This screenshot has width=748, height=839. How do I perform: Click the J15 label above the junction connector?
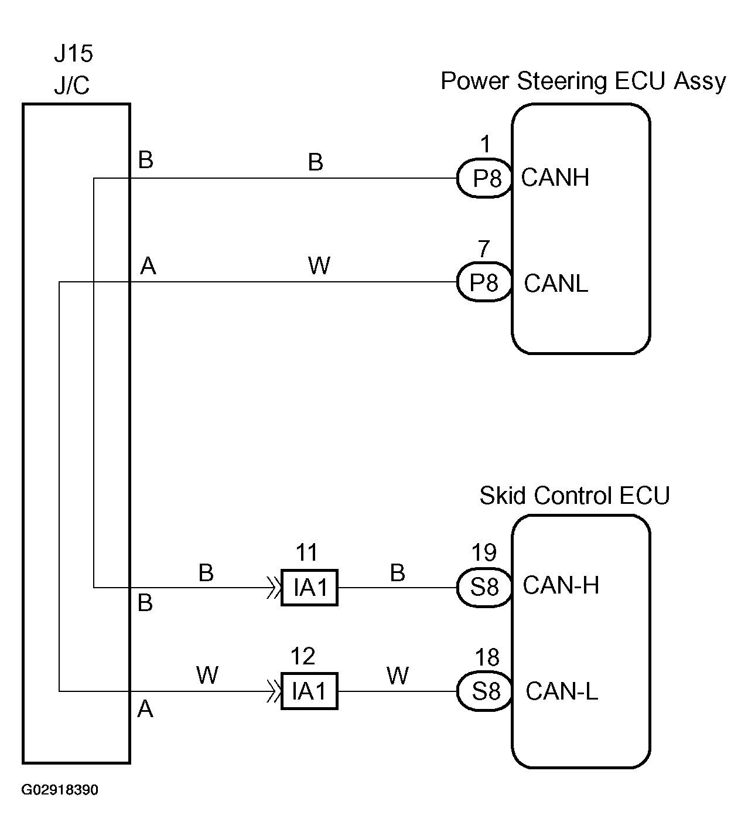tap(74, 53)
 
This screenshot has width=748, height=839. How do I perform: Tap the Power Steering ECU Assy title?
tap(583, 81)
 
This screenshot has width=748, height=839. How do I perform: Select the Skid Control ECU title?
tap(575, 495)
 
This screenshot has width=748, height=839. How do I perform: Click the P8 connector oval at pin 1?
tap(485, 179)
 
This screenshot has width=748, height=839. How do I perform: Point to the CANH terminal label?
tap(555, 178)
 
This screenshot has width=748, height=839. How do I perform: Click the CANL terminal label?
tap(556, 284)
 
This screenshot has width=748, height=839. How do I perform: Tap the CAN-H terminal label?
tap(561, 585)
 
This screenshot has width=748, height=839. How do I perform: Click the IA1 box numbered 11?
tap(310, 588)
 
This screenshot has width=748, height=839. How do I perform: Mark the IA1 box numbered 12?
tap(310, 691)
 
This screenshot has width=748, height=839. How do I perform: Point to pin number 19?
tap(484, 552)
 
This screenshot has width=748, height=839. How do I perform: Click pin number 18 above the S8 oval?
tap(487, 657)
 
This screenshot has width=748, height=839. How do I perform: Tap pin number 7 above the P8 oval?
tap(484, 249)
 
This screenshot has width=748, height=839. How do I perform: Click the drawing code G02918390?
tap(60, 790)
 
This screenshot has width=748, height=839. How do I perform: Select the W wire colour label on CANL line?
tap(319, 265)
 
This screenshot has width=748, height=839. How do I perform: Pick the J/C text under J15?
tap(71, 86)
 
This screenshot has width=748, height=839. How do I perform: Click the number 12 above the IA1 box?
tap(303, 656)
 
